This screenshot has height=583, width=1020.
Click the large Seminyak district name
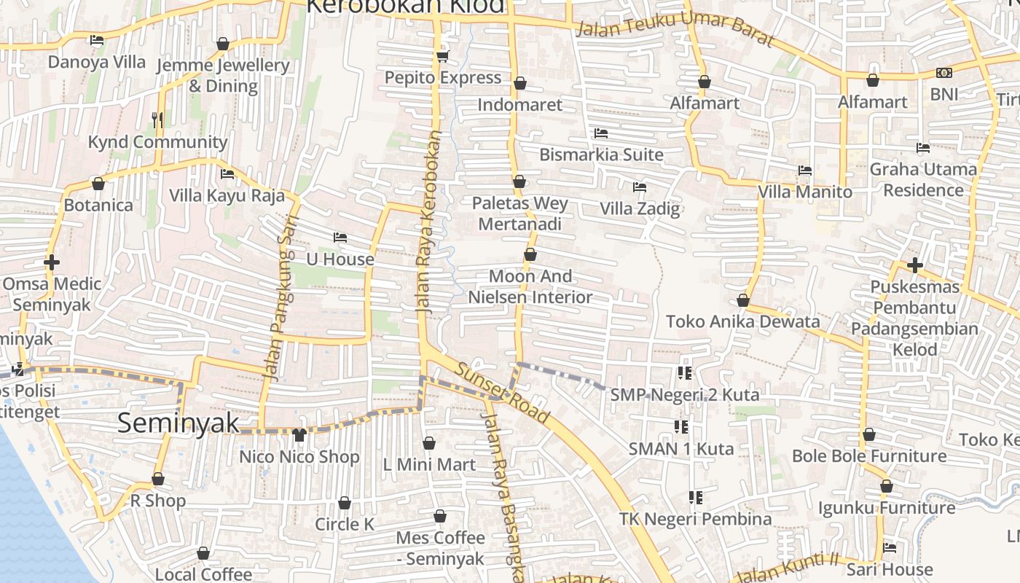178,423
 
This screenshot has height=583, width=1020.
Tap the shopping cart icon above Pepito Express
442,56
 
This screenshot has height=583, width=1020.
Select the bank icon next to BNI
944,73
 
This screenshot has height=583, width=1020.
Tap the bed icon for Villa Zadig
640,187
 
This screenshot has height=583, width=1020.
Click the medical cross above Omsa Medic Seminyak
51,262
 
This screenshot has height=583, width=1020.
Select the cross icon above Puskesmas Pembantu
915,265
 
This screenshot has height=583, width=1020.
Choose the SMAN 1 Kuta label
681,449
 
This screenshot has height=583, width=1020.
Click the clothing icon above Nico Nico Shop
299,435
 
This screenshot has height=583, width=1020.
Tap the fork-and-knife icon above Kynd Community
157,120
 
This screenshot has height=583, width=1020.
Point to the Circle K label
345,524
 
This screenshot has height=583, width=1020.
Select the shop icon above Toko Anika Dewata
743,300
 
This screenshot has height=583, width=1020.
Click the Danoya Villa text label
97,62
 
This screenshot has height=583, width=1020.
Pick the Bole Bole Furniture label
869,456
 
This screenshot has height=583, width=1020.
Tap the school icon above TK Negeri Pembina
696,498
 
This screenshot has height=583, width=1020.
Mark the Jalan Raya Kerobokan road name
429,222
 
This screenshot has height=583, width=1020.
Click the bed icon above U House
340,238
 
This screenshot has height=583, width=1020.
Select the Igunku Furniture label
887,507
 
